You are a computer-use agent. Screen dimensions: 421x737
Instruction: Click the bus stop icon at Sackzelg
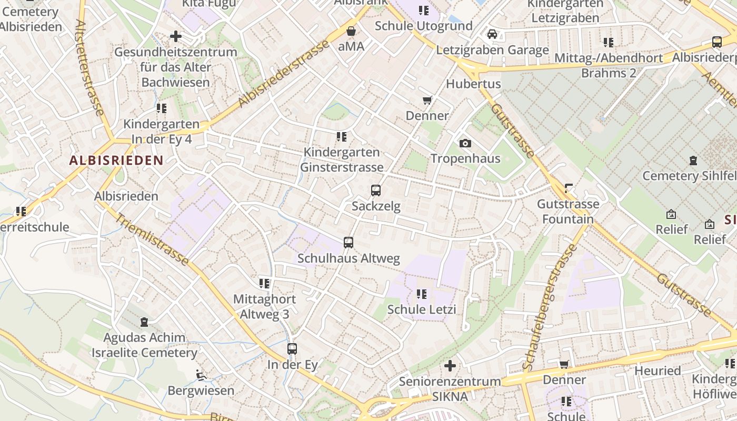pos(376,191)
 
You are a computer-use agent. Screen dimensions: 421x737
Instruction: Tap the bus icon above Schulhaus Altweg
pos(348,243)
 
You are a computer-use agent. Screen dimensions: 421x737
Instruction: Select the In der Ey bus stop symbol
pos(292,349)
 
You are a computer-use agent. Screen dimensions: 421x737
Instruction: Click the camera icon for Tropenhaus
pos(465,143)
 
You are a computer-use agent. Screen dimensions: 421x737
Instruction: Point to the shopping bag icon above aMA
pos(351,31)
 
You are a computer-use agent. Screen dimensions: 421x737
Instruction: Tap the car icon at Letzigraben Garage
pos(492,34)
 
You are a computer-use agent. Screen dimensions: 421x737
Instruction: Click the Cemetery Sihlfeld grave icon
pos(693,161)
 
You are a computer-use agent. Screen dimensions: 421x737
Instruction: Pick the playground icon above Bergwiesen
pos(201,375)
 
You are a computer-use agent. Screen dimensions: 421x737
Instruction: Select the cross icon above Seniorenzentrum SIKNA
pos(450,365)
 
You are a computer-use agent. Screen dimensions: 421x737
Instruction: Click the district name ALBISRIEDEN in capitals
pos(116,161)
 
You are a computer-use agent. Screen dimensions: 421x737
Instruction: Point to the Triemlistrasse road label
pos(152,239)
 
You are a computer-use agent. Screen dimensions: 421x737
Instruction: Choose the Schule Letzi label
pos(422,309)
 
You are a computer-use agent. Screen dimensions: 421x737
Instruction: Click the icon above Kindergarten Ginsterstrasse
pos(342,137)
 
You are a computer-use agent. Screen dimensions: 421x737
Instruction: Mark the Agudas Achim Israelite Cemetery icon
pos(144,322)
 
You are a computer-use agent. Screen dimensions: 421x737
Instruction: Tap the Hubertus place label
pos(466,84)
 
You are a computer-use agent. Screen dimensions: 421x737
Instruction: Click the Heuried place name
pos(658,370)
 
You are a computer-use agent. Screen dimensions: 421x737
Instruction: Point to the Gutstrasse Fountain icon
pos(568,188)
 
